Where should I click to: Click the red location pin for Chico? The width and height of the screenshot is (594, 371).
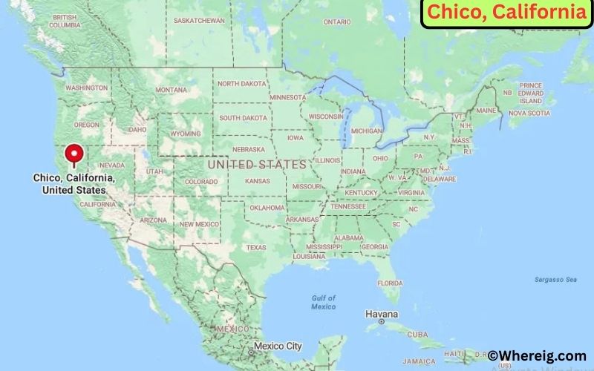(74, 154)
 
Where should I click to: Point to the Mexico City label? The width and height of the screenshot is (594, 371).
(278, 346)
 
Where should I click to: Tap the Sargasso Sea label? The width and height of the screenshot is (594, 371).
(555, 280)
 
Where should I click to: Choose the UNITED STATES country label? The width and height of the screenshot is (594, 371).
(257, 163)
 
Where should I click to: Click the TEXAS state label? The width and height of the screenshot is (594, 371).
(256, 247)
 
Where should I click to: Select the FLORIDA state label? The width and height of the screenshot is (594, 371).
(390, 283)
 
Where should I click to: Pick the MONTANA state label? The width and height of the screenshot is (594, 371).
(172, 90)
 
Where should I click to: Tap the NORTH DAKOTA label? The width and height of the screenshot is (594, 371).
(241, 83)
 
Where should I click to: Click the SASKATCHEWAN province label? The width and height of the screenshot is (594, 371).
(199, 20)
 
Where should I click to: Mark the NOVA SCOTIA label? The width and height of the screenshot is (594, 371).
(529, 113)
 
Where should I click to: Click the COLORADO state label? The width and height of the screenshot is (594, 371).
(202, 181)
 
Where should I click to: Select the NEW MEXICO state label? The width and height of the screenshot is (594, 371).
(199, 223)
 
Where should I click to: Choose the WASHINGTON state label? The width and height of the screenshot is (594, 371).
(87, 88)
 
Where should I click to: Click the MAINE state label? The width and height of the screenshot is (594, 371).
(486, 111)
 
